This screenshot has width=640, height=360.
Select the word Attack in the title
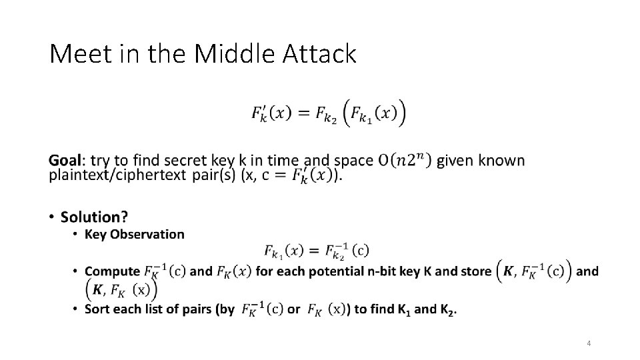point(320,54)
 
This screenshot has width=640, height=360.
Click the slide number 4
point(589,343)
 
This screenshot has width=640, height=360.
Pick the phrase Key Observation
point(134,234)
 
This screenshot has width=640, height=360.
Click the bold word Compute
point(111,271)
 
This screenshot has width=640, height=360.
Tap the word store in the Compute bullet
point(476,271)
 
